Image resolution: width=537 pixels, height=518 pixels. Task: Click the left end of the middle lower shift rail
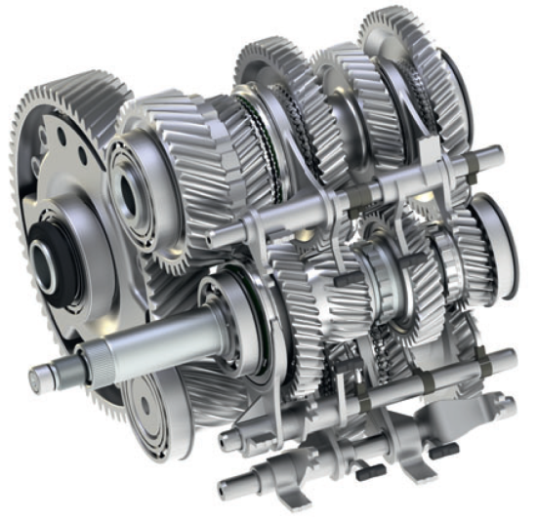(227, 440)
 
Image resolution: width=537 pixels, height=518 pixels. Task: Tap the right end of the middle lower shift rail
(503, 361)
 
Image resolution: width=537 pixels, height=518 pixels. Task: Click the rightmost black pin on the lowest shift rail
(443, 450)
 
